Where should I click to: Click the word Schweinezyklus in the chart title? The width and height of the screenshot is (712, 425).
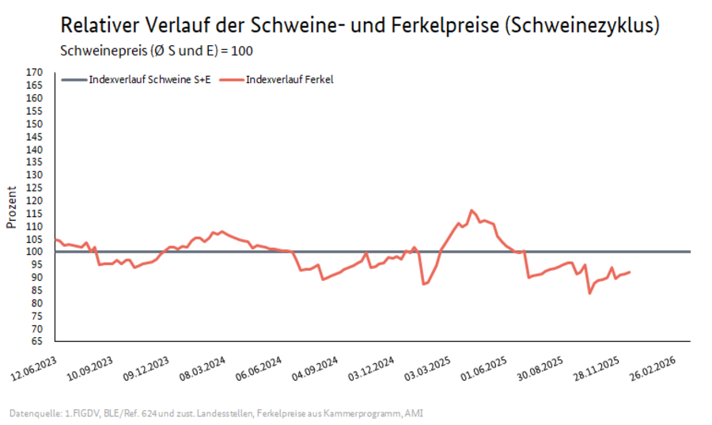pyautogui.click(x=584, y=25)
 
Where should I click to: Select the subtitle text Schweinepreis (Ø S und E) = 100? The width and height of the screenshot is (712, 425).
pyautogui.click(x=157, y=51)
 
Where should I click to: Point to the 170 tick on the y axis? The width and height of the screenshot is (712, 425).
pyautogui.click(x=34, y=72)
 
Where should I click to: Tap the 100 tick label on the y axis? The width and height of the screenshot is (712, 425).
pyautogui.click(x=34, y=252)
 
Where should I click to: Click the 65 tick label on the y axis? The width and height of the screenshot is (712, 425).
pyautogui.click(x=36, y=341)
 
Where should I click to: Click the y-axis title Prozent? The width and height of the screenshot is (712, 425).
pyautogui.click(x=11, y=207)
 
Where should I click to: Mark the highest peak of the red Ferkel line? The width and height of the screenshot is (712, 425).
pyautogui.click(x=472, y=211)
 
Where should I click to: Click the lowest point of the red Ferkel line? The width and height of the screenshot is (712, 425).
pyautogui.click(x=589, y=294)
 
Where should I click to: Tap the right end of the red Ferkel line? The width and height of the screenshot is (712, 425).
pyautogui.click(x=630, y=271)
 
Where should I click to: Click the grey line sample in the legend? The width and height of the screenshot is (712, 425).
pyautogui.click(x=73, y=79)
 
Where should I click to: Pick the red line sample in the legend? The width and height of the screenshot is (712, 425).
pyautogui.click(x=230, y=79)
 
